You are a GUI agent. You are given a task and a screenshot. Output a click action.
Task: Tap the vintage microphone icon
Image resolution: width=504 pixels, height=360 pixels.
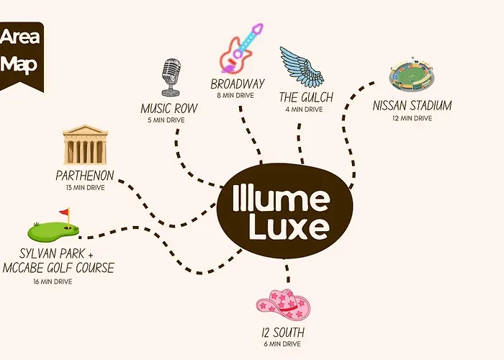[171, 78]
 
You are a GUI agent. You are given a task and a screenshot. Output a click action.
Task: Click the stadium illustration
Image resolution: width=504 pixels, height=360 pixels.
[412, 74]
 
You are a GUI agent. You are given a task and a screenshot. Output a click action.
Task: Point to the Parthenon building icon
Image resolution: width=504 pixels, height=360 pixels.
[85, 145]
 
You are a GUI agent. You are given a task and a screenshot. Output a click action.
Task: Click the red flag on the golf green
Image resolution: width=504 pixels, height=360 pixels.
[65, 212]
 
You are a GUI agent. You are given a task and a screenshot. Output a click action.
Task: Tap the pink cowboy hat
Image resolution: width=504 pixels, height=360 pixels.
[283, 305]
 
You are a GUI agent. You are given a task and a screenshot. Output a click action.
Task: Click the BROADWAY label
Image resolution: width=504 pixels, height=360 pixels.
[238, 84]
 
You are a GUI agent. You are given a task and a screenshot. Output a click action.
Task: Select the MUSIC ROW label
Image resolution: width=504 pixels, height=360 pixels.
[169, 108]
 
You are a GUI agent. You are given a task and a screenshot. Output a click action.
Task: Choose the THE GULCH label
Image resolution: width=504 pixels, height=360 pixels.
[306, 97]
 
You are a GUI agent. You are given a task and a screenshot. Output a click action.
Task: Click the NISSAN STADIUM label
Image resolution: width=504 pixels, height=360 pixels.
[412, 105]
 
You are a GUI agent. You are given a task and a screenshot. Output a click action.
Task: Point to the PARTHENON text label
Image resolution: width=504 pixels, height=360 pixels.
[85, 176]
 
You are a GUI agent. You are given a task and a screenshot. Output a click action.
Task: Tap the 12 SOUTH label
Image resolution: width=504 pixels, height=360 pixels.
[283, 333]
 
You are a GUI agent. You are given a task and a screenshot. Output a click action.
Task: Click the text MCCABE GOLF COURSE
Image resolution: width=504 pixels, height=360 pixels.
[58, 268]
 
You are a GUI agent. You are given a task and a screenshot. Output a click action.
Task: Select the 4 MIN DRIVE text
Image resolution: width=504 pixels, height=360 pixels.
[304, 109]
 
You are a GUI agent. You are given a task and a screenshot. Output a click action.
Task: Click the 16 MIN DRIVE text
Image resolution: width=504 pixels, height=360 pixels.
[53, 282]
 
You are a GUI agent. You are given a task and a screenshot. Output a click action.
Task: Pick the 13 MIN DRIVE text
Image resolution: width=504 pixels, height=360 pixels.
[85, 188]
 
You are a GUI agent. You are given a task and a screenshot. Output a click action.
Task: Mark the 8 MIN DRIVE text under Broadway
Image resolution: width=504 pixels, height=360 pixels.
[235, 96]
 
